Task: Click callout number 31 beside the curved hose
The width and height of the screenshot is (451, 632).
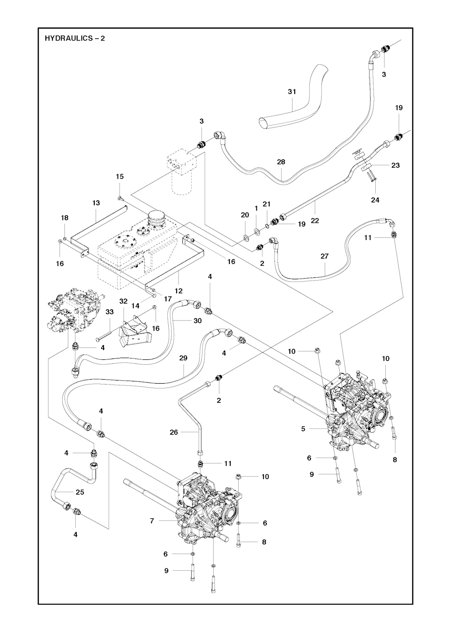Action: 292,92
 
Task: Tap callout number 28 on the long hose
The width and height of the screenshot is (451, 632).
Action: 281,162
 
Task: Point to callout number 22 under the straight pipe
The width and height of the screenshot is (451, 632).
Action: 314,221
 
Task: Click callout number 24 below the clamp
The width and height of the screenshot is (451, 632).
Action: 375,200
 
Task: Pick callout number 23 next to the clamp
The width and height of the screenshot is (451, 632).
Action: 396,165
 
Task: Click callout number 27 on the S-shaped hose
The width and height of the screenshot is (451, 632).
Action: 325,256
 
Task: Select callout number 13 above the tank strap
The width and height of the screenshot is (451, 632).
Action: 96,203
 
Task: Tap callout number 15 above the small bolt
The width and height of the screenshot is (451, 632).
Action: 120,177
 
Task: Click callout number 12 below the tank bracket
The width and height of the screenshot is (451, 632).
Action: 179,291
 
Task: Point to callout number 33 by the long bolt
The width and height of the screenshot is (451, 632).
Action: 110,311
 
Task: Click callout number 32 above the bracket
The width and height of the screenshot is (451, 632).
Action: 123,301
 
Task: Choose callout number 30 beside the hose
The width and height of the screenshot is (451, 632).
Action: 197,321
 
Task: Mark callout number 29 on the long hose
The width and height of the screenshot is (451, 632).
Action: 183,358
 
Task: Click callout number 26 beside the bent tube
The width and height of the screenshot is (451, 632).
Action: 174,432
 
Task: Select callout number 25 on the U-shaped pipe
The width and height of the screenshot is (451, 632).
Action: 80,492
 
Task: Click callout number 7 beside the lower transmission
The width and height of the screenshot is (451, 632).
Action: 152,521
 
